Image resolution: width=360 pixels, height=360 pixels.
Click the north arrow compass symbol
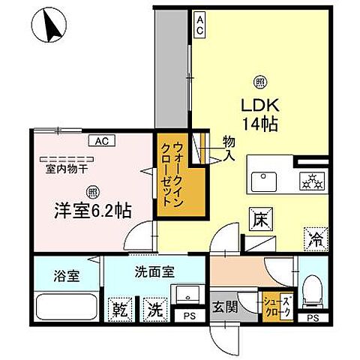coord(52,28)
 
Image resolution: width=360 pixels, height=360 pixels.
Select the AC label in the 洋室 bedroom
coord(100,139)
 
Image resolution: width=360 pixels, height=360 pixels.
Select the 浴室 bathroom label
coord(64,274)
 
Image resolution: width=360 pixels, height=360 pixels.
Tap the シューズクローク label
coord(273,304)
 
